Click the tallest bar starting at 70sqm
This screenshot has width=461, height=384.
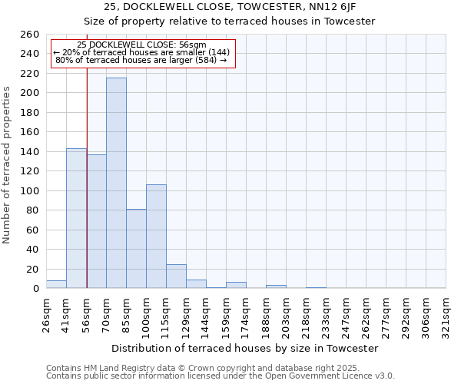pos(116,183)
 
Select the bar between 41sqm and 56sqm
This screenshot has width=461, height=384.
pos(76,218)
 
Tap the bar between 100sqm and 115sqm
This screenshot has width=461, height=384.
pos(156,236)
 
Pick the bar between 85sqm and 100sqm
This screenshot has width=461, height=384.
pos(136,248)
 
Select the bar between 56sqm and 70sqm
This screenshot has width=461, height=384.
pos(96,221)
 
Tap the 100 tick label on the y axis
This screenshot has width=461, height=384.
pos(29,190)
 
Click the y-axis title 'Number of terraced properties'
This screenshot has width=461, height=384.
pos(8,164)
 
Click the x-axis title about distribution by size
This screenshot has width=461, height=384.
pos(245,348)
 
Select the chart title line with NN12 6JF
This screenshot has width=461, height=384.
pos(230,7)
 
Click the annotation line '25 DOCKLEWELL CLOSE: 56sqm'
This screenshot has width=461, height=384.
pos(142,45)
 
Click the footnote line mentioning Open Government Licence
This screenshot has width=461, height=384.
pos(221,376)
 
